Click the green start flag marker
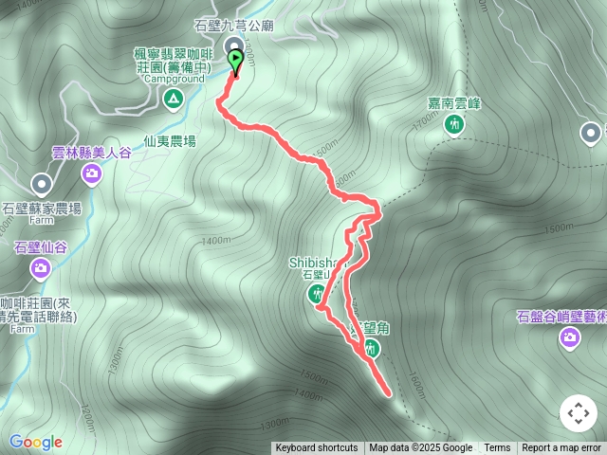[235, 61]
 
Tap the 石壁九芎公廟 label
[234, 27]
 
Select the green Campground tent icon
[173, 98]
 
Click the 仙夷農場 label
[170, 140]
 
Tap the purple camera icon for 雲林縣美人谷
[92, 173]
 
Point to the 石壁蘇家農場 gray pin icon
[42, 184]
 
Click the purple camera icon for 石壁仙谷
[41, 268]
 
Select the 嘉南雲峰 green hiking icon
[454, 124]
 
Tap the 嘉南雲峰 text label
[454, 102]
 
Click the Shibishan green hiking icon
[317, 295]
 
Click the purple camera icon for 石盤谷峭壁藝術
[569, 338]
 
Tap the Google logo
[35, 442]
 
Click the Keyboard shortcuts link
[317, 448]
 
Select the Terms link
[497, 448]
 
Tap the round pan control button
[578, 413]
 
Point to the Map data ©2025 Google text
[420, 448]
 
